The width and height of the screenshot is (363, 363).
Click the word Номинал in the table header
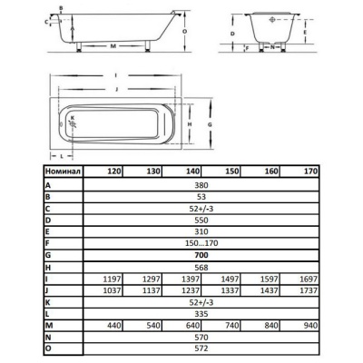[63, 172]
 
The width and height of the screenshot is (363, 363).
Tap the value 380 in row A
[201, 185]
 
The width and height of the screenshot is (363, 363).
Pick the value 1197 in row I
[112, 279]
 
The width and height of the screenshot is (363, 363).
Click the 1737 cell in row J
[309, 290]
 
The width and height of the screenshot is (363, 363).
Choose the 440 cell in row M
[114, 326]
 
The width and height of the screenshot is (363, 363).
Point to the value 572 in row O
[201, 348]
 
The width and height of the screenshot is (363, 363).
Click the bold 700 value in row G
[201, 255]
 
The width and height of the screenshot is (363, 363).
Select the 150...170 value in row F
[201, 243]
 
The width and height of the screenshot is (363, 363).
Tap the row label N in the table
[48, 337]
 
